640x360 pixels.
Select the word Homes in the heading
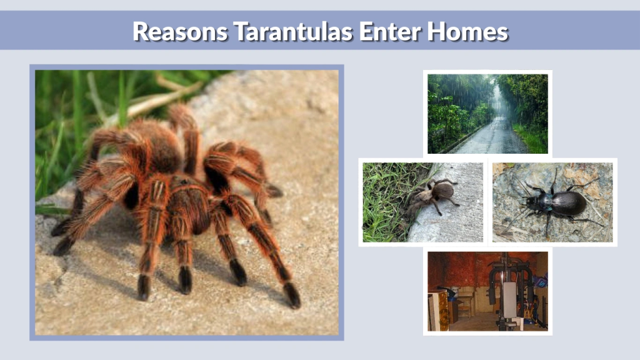(x=469, y=31)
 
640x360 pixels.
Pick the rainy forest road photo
(x=487, y=113)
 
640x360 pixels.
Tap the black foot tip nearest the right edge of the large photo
(x=292, y=295)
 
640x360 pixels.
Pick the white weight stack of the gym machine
(x=509, y=300)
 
